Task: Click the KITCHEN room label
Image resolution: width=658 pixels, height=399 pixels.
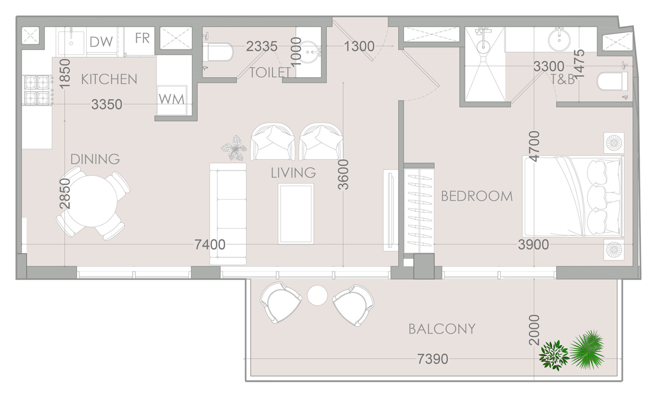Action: click(x=109, y=79)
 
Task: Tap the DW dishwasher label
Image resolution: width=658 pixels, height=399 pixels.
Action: click(x=101, y=42)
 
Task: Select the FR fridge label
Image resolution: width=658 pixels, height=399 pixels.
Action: click(x=142, y=38)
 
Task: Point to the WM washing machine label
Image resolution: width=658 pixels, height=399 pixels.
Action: click(x=172, y=99)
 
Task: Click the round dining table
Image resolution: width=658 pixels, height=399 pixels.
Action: click(x=93, y=201)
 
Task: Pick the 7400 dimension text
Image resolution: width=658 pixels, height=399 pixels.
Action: click(x=210, y=244)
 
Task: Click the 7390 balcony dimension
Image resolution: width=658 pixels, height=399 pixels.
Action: click(x=433, y=359)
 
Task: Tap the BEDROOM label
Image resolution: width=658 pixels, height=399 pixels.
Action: click(x=477, y=196)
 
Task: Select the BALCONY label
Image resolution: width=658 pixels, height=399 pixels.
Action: click(x=442, y=329)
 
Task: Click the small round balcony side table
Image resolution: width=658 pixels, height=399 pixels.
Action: click(x=317, y=296)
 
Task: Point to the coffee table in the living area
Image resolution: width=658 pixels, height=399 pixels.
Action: click(x=296, y=214)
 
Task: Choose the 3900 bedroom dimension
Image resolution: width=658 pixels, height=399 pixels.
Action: click(x=533, y=244)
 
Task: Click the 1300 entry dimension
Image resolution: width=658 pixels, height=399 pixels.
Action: click(x=359, y=47)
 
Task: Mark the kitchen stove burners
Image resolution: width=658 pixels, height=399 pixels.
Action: click(x=37, y=90)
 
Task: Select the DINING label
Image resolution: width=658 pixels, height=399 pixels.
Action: click(x=95, y=159)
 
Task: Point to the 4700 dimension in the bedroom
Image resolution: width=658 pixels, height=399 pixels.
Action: click(x=534, y=146)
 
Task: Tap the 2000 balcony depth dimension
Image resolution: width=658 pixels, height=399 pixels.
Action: click(x=534, y=330)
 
